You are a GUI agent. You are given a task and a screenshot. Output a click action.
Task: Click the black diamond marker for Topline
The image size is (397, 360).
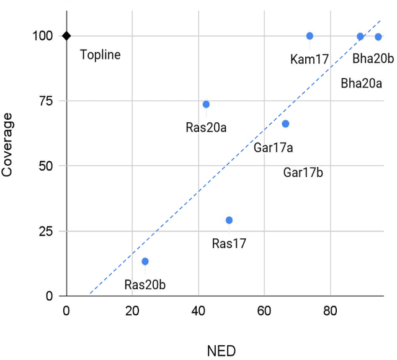point(66,36)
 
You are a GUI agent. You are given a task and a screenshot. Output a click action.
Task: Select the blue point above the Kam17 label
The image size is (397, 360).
point(310,36)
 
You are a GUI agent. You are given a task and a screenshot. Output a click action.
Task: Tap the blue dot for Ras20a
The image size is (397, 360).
point(206,104)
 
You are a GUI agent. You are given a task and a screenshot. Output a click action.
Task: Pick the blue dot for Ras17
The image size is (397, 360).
point(229,220)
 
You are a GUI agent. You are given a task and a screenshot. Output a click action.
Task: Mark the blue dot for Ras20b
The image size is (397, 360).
point(145,261)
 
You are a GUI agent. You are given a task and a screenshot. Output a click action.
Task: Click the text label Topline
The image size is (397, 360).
point(100,55)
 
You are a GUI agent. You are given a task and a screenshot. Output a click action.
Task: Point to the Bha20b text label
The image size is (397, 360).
point(373,59)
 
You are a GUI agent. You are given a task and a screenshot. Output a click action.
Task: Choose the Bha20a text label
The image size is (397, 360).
point(362,83)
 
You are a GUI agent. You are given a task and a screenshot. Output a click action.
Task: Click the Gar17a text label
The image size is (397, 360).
point(274,148)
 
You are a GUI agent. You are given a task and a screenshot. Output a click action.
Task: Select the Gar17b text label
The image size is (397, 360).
point(303,173)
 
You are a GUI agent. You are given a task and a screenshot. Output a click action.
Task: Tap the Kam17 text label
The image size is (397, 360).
point(309,60)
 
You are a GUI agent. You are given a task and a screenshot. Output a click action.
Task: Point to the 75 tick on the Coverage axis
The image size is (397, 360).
point(47,101)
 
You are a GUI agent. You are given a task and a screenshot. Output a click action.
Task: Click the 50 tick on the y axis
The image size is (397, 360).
point(47,166)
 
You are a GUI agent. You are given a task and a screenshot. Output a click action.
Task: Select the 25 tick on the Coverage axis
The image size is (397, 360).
point(47,231)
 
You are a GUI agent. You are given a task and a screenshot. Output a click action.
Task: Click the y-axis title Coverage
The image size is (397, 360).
point(8,144)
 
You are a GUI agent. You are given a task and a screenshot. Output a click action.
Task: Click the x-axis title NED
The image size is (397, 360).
point(221,351)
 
